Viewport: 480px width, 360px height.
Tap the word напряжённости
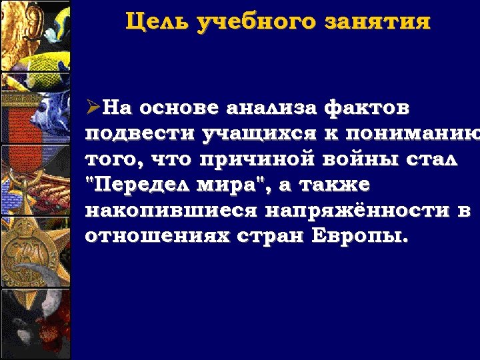click(x=355, y=211)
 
